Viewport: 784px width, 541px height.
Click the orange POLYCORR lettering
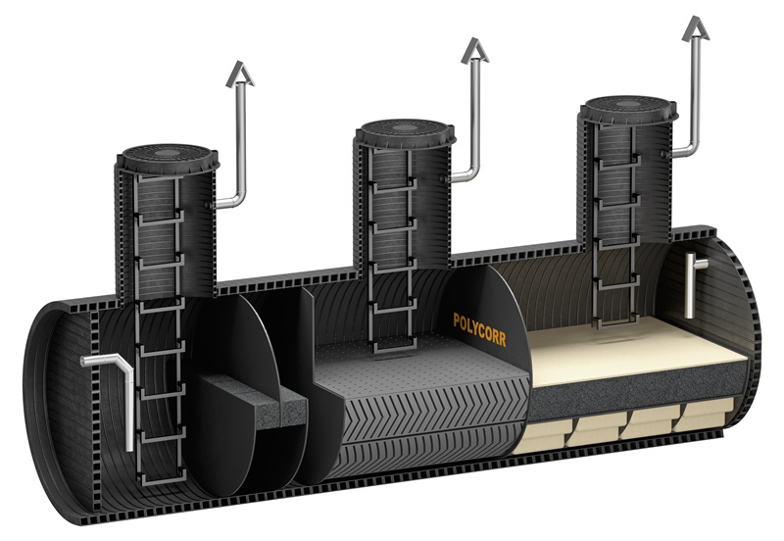point(479,330)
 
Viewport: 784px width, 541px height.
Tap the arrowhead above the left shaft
point(240,74)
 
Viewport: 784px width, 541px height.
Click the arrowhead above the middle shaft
point(475,51)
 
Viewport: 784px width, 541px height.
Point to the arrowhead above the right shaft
point(697,28)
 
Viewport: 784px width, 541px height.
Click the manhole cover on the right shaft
point(629,109)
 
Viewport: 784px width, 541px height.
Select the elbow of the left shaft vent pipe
point(237,200)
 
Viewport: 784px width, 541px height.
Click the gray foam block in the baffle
point(254,400)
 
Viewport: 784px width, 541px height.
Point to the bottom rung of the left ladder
point(164,479)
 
